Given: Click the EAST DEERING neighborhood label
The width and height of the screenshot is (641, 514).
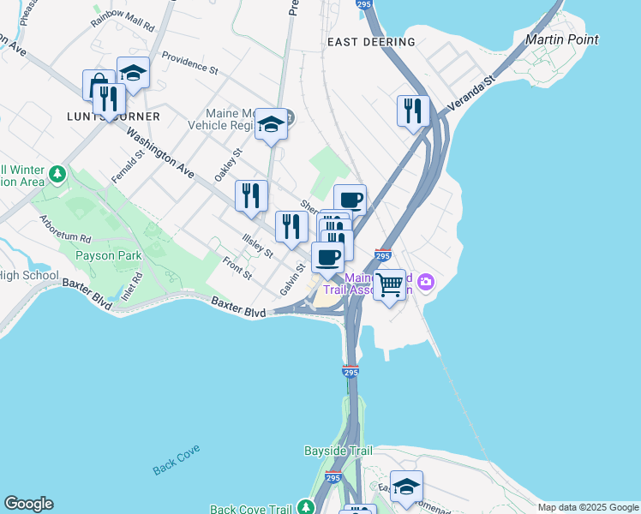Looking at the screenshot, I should pyautogui.click(x=371, y=41).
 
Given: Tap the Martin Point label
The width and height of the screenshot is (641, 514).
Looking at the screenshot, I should pyautogui.click(x=562, y=39).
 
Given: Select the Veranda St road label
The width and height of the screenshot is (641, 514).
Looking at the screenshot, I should pyautogui.click(x=478, y=91).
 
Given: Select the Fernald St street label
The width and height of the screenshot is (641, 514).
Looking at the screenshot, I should pyautogui.click(x=125, y=165).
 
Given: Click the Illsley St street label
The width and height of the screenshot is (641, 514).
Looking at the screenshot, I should pyautogui.click(x=257, y=246).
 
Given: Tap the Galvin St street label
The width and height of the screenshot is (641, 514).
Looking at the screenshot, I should pyautogui.click(x=292, y=279).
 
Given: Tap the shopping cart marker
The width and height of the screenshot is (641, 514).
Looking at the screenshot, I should pyautogui.click(x=390, y=284).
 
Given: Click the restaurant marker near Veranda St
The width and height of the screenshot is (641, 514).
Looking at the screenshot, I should pyautogui.click(x=414, y=111).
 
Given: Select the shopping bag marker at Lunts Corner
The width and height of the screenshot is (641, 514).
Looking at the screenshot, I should pyautogui.click(x=97, y=84).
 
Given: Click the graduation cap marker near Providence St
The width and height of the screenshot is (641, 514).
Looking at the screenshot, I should pyautogui.click(x=133, y=74).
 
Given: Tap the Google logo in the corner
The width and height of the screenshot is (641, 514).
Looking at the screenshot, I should pyautogui.click(x=28, y=504).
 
